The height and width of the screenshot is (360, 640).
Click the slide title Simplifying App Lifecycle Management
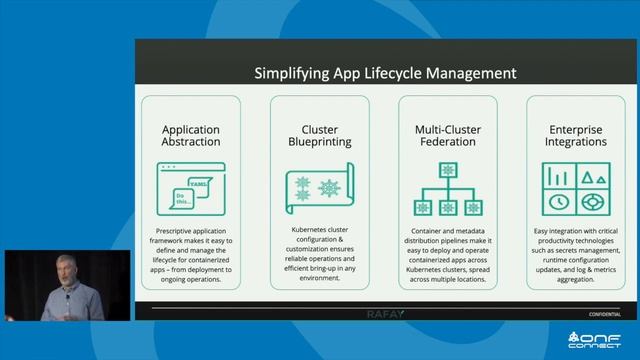(384, 73)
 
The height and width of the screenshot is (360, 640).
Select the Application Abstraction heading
(191, 136)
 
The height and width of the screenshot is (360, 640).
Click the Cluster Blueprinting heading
(319, 136)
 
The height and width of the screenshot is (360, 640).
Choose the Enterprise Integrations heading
(576, 136)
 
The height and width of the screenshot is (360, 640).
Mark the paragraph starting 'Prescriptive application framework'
(191, 251)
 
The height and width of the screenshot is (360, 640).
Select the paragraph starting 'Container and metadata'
(448, 255)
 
